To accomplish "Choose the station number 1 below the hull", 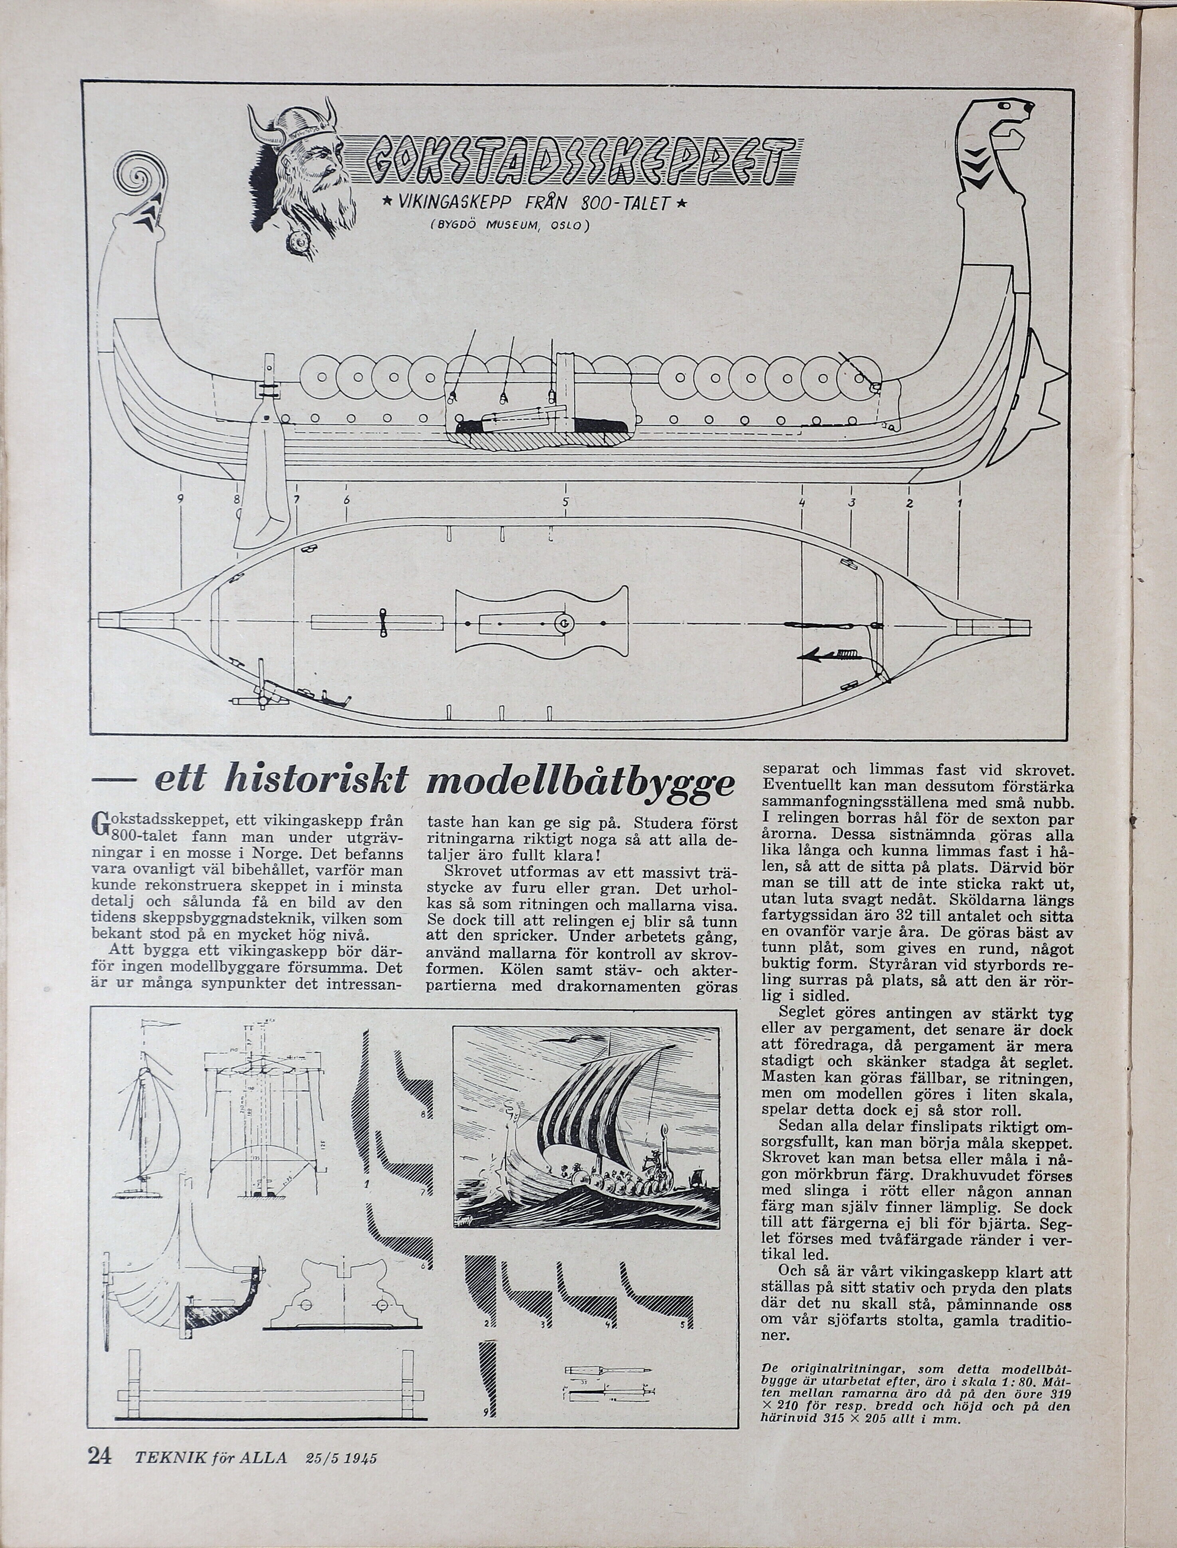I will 959,503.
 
